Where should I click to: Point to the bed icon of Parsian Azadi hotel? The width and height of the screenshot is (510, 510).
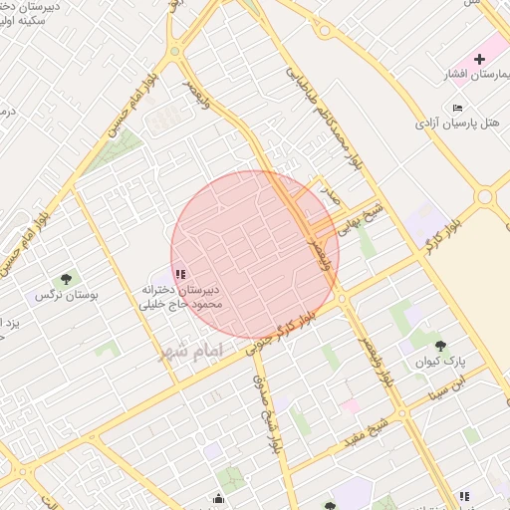tap(457, 108)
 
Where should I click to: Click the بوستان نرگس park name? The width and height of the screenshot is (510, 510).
tap(57, 296)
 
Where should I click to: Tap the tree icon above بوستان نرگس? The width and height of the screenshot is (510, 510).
tap(66, 280)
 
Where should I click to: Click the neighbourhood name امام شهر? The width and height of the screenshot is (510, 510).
tap(192, 352)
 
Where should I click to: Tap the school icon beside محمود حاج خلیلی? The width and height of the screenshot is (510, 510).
tap(179, 274)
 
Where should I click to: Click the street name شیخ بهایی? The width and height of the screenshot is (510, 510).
tap(362, 218)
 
